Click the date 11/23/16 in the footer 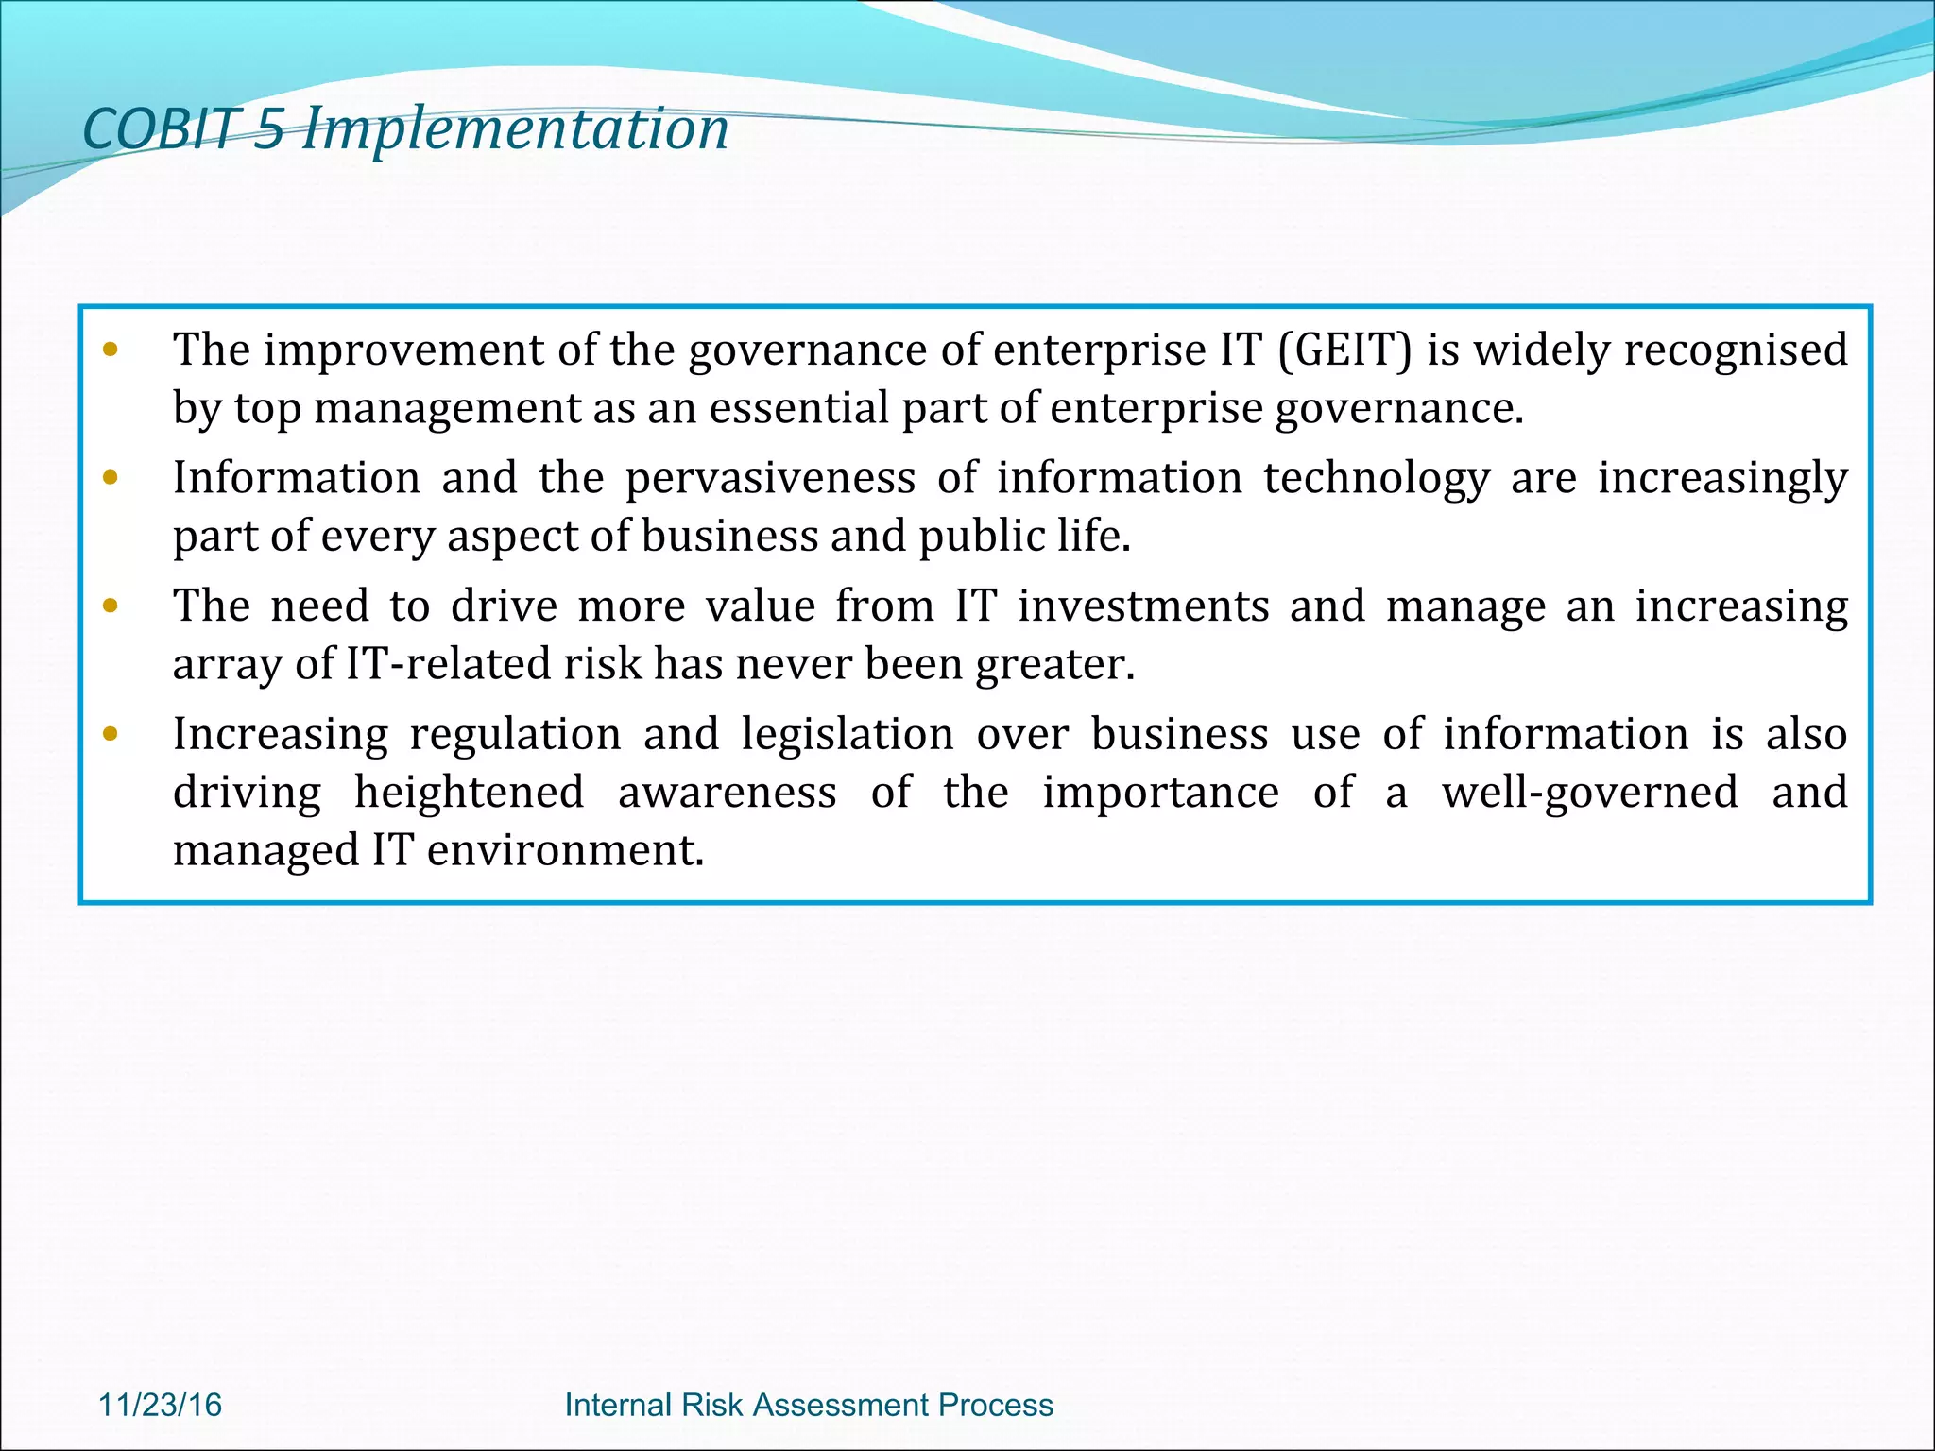(x=160, y=1405)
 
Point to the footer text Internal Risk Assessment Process (x=808, y=1405)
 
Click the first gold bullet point (x=111, y=350)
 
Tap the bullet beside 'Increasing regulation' (x=111, y=734)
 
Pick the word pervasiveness (x=770, y=478)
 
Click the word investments (x=1143, y=606)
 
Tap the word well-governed (x=1589, y=793)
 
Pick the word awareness (x=727, y=793)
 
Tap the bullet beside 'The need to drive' (x=111, y=606)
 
